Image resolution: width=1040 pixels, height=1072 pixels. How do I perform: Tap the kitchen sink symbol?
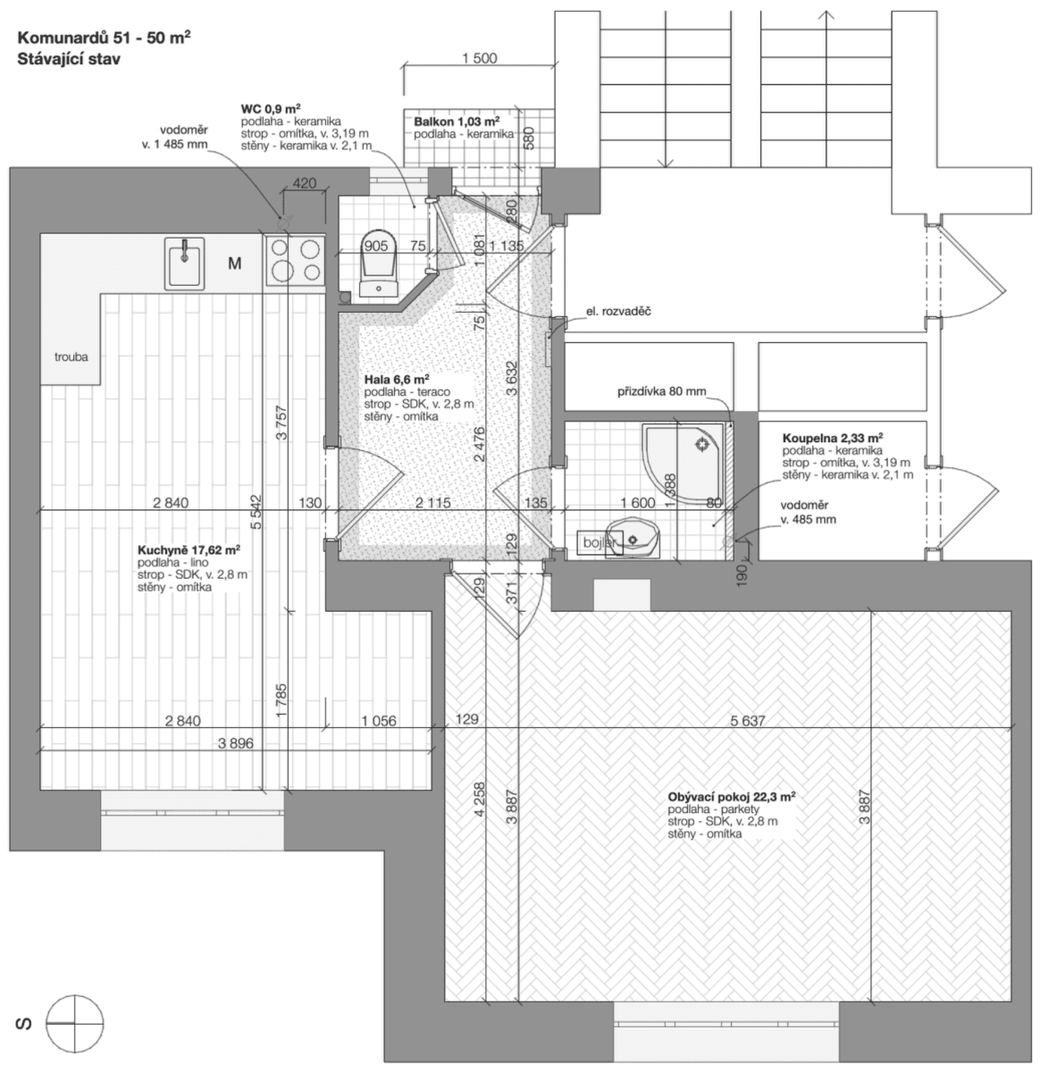point(185,263)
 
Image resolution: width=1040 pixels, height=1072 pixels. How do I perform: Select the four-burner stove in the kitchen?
point(294,260)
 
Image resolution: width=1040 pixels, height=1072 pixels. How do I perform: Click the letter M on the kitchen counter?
point(235,263)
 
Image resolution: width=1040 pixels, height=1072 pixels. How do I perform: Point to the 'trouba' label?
point(71,356)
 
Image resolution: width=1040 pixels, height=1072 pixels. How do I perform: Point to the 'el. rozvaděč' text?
point(618,311)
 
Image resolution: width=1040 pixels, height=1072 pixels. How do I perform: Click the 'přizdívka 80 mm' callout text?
point(661,391)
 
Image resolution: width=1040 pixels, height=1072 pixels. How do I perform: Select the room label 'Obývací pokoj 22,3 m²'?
point(731,796)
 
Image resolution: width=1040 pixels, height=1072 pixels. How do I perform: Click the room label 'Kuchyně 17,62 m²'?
point(189,550)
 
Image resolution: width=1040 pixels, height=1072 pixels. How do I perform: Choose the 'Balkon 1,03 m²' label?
point(456,121)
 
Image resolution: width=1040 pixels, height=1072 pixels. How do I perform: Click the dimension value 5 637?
point(747,720)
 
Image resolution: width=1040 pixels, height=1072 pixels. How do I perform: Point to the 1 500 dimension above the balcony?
point(479,59)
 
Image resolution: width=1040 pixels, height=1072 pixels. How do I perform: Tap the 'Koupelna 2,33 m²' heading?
point(833,438)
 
